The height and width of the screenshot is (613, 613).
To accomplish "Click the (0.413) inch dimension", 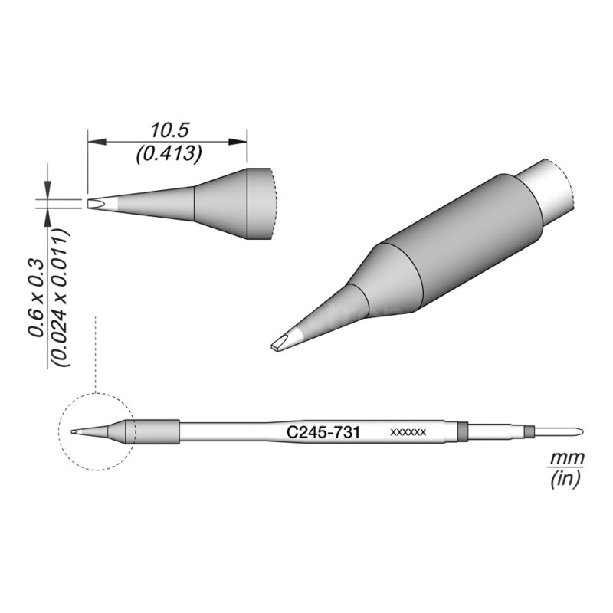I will [x=168, y=154].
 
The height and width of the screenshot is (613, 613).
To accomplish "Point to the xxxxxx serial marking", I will [x=408, y=433].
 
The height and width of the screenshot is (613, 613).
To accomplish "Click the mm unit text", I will [x=565, y=457].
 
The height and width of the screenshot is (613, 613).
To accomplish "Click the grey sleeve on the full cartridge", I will [x=156, y=431].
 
